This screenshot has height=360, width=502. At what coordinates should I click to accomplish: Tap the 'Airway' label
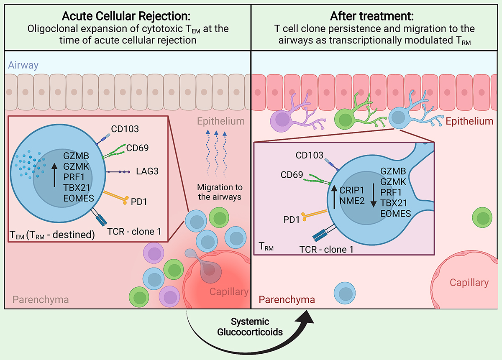pyautogui.click(x=23, y=65)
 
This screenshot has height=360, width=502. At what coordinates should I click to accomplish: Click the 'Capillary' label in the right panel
pyautogui.click(x=469, y=283)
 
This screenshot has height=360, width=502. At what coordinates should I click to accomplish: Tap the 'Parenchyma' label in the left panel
pyautogui.click(x=41, y=299)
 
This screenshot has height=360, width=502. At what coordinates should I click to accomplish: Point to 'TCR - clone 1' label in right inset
pyautogui.click(x=327, y=250)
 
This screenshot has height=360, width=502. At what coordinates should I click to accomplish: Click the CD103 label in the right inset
pyautogui.click(x=309, y=156)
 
